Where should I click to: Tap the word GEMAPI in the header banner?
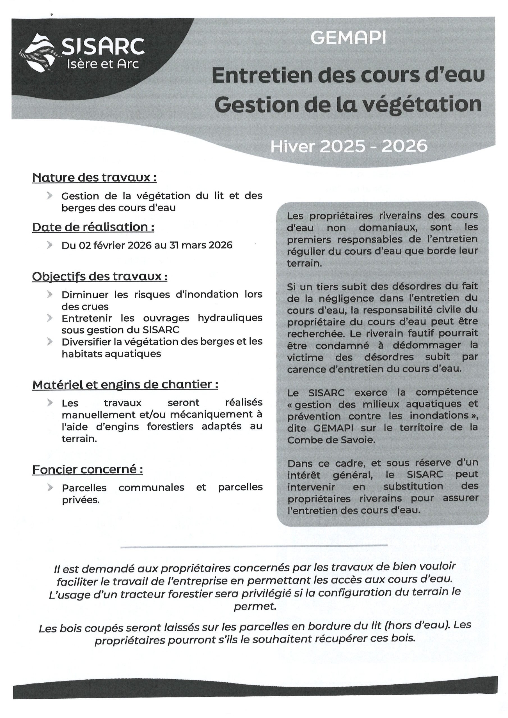tap(348, 38)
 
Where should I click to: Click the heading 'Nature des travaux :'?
tap(94, 178)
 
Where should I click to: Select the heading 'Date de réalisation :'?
tap(93, 227)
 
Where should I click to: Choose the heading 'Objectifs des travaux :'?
tap(100, 277)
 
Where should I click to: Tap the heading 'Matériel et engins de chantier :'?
tap(125, 385)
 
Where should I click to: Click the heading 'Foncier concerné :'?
tap(88, 470)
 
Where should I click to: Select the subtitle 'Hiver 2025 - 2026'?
tap(349, 146)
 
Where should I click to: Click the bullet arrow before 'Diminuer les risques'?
tap(49, 294)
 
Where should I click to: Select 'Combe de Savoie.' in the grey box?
tap(331, 440)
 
